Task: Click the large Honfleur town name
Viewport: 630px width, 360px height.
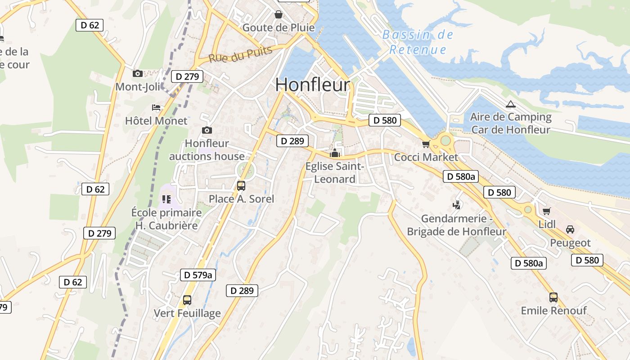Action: tap(312, 85)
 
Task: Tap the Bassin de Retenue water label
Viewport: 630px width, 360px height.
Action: tap(418, 42)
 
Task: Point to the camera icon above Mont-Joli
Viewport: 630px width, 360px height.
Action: tap(138, 73)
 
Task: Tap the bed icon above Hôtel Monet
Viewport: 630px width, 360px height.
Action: tap(156, 108)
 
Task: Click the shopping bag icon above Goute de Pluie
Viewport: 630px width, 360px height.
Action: tap(279, 14)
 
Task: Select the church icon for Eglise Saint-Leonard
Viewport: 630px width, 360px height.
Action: tap(334, 153)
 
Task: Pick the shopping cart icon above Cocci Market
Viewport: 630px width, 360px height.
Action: tap(426, 144)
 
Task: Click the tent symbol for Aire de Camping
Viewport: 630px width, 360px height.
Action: tap(510, 104)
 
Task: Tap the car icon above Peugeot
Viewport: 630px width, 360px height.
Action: tap(570, 229)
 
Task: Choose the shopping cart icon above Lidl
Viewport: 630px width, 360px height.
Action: tap(547, 211)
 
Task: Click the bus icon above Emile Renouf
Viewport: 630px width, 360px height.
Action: tap(553, 297)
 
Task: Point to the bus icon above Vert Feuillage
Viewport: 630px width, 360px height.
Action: tap(187, 300)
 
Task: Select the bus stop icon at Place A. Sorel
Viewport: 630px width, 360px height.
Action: tap(241, 185)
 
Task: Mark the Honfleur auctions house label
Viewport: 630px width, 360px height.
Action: tap(207, 150)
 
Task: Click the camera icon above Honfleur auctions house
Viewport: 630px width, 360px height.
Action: tap(207, 130)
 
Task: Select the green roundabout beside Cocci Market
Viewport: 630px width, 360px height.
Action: tap(445, 141)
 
